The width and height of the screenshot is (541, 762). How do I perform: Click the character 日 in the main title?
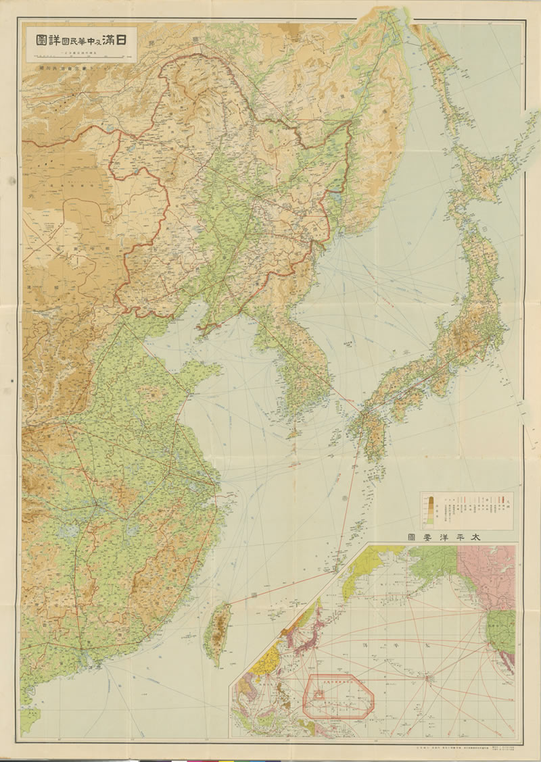[x=124, y=39]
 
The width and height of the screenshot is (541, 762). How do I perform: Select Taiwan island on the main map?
[x=217, y=632]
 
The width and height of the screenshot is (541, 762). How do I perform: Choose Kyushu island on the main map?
[x=369, y=432]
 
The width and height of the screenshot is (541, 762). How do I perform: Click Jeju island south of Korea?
[x=293, y=433]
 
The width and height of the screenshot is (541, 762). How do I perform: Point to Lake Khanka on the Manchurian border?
[x=336, y=199]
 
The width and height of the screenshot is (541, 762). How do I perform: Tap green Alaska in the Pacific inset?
[x=433, y=557]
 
